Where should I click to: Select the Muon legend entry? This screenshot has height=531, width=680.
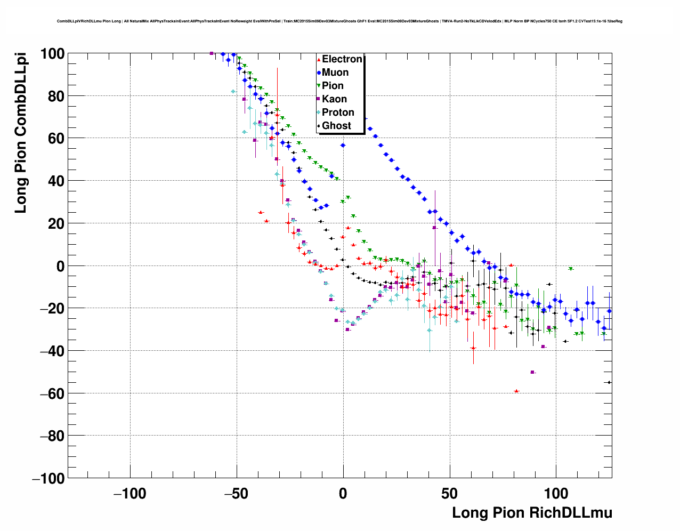tap(335, 73)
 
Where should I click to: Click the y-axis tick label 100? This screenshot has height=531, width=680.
tap(52, 54)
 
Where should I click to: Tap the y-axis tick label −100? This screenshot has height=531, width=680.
tap(48, 478)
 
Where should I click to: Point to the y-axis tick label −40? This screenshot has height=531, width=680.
tap(52, 351)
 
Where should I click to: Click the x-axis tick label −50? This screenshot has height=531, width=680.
tap(236, 494)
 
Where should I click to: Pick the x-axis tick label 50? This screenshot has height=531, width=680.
tap(450, 494)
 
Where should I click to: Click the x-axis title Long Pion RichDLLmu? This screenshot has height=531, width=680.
tap(532, 513)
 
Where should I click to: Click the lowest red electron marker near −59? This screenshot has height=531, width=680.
tap(516, 391)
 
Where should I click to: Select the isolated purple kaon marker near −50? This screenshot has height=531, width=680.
tap(532, 372)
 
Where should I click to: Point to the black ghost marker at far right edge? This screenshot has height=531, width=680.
tap(609, 382)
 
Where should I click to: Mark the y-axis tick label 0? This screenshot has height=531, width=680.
tap(60, 266)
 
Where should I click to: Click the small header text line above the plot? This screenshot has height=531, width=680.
tap(339, 21)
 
